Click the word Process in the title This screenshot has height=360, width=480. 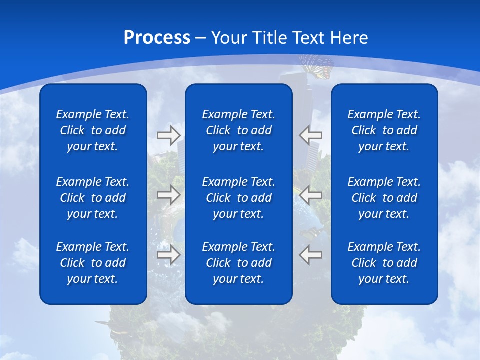[157, 38]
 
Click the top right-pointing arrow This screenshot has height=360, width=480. [169, 135]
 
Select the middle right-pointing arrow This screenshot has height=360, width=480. [169, 194]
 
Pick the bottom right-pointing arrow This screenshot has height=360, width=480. [169, 255]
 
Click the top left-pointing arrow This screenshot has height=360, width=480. [310, 135]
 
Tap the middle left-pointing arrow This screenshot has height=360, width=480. [310, 194]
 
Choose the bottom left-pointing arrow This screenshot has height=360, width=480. [310, 255]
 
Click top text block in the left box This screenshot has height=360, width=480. [93, 130]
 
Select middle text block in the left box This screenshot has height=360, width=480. [93, 198]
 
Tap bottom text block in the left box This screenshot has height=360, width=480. [93, 263]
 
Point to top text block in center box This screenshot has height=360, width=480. [239, 130]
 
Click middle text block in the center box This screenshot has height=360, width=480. [239, 198]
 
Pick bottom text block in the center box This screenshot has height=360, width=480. [239, 263]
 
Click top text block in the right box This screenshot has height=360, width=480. [384, 130]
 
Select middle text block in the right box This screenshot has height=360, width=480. [384, 198]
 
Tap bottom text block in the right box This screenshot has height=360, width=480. [384, 263]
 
